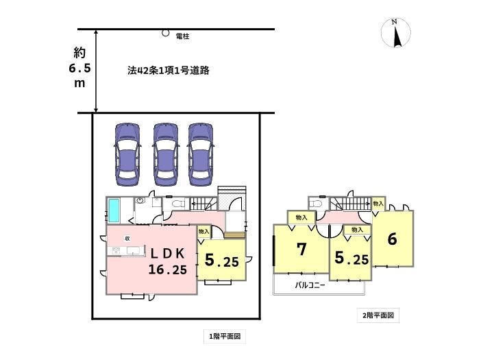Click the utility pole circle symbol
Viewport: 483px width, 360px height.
pyautogui.click(x=165, y=32)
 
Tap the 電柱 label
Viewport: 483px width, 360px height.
pyautogui.click(x=183, y=35)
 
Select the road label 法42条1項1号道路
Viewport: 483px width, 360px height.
pyautogui.click(x=168, y=71)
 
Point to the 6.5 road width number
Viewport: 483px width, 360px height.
pyautogui.click(x=80, y=69)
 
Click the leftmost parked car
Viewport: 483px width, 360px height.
pyautogui.click(x=127, y=154)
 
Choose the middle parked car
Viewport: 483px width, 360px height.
pyautogui.click(x=165, y=154)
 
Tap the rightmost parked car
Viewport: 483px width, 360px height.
pyautogui.click(x=201, y=154)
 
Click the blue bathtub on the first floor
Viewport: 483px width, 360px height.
pyautogui.click(x=114, y=209)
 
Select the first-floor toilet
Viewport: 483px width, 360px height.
pyautogui.click(x=175, y=204)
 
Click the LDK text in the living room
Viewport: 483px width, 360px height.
pyautogui.click(x=167, y=254)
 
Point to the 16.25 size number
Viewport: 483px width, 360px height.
pyautogui.click(x=167, y=269)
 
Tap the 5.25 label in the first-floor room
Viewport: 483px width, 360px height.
pyautogui.click(x=221, y=261)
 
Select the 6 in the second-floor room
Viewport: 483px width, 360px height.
pyautogui.click(x=392, y=239)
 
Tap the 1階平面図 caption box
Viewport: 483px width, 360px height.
pyautogui.click(x=224, y=336)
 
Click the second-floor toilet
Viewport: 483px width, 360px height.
pyautogui.click(x=316, y=204)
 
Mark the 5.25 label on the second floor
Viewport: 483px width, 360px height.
pyautogui.click(x=351, y=259)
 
